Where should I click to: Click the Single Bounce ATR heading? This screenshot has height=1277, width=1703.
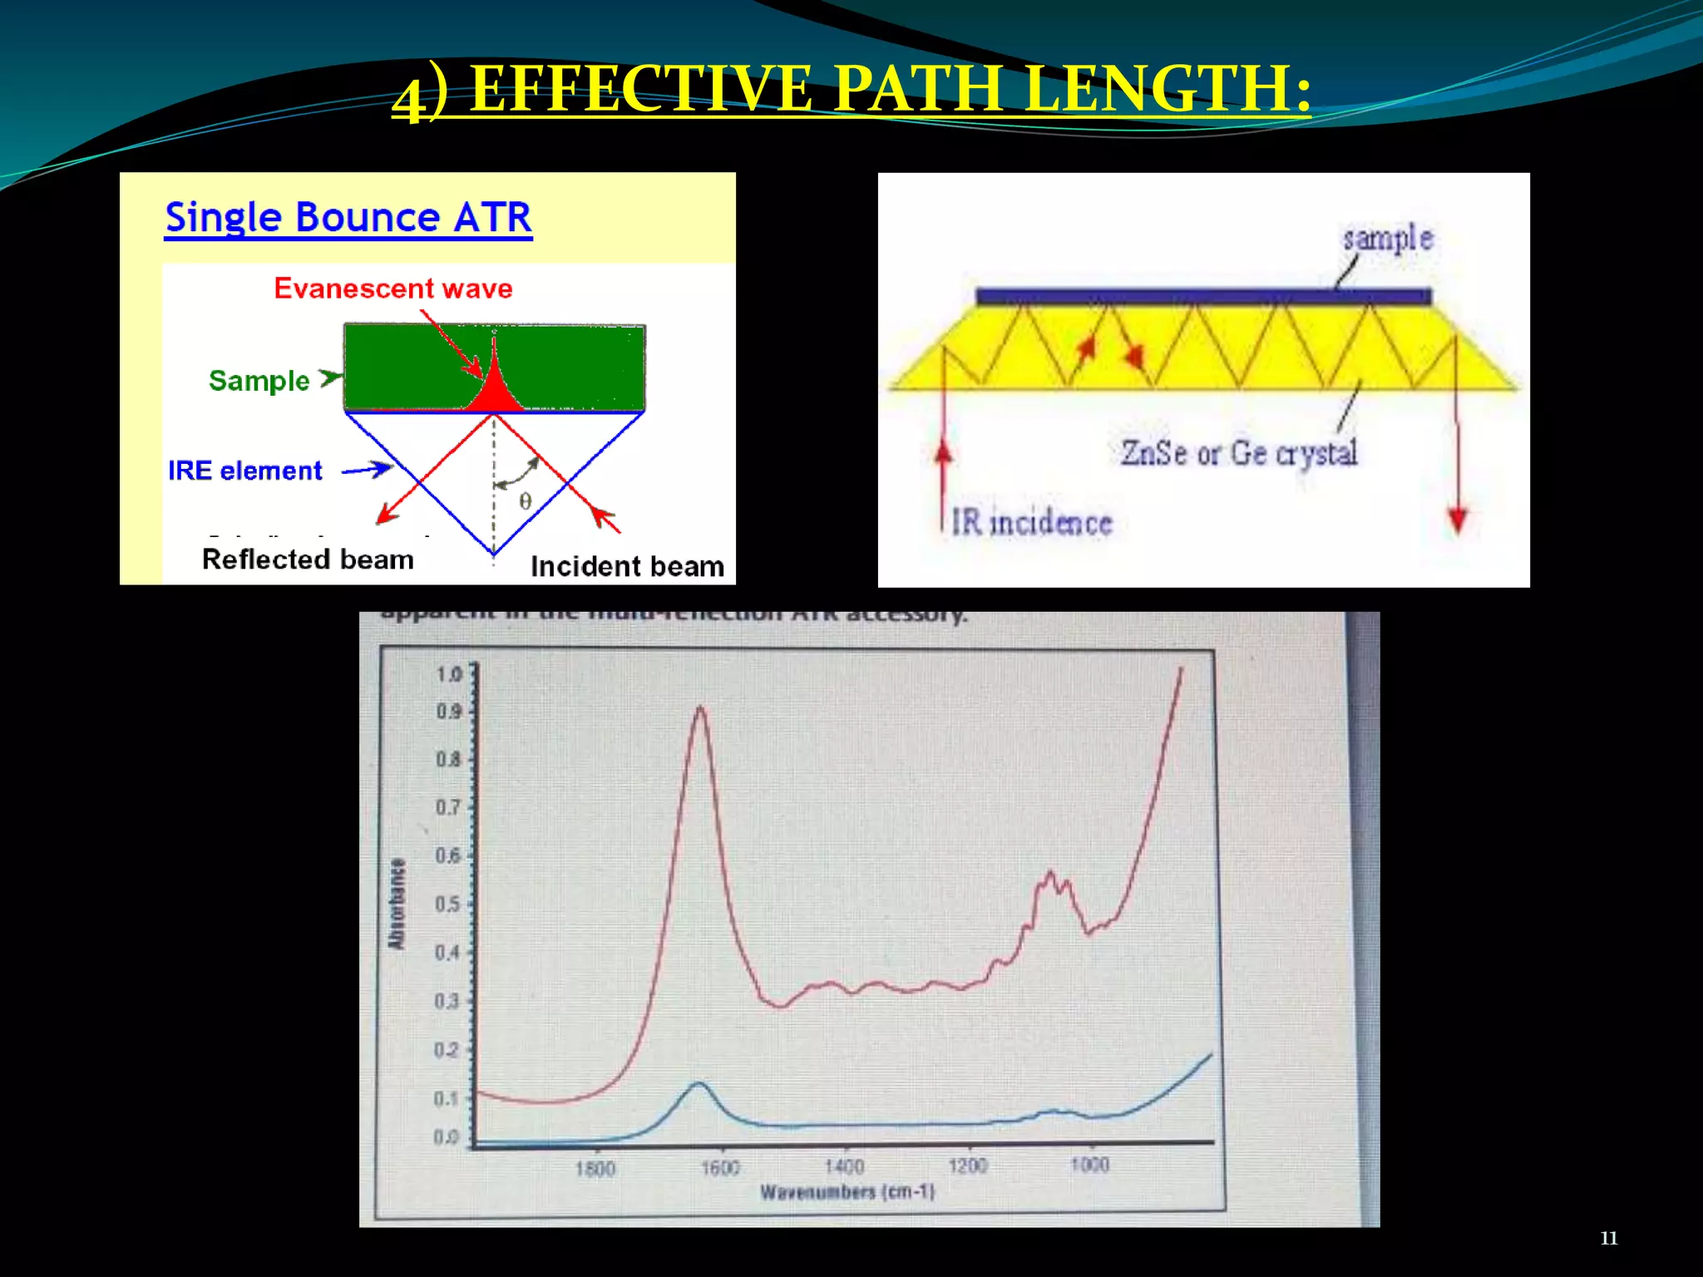click(x=348, y=218)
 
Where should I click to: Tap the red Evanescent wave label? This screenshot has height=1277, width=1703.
click(x=393, y=288)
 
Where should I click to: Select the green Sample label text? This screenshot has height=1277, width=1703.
click(x=259, y=381)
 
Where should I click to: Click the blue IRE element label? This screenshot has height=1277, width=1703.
click(x=244, y=471)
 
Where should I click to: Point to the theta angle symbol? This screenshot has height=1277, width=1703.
click(x=525, y=501)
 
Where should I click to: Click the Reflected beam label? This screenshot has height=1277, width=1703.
click(x=308, y=560)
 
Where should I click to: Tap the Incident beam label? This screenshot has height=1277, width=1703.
click(x=627, y=567)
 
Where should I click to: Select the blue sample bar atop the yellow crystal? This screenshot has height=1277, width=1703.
click(x=1202, y=296)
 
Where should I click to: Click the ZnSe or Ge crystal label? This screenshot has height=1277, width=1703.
click(x=1238, y=453)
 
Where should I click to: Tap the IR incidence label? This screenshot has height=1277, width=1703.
click(x=1031, y=523)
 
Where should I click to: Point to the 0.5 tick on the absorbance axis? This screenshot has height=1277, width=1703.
click(x=450, y=904)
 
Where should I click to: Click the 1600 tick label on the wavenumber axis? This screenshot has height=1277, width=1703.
click(x=719, y=1168)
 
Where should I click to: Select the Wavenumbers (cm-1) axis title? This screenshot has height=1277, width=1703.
click(x=847, y=1192)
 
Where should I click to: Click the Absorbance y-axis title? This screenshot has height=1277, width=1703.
click(x=397, y=904)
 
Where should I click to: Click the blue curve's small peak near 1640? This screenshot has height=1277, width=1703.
click(x=699, y=1084)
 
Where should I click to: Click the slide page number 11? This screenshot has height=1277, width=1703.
click(x=1608, y=1238)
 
